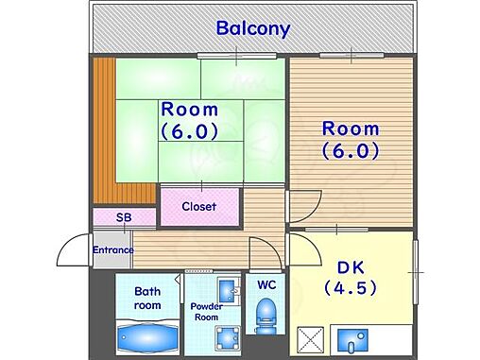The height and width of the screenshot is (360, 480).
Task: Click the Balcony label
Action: [x=253, y=28]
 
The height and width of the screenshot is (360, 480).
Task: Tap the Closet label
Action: [x=199, y=207]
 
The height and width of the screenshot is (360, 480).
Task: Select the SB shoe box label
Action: [x=124, y=217]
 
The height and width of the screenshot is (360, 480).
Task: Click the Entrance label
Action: [x=113, y=250]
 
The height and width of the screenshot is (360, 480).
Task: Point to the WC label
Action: [x=266, y=285]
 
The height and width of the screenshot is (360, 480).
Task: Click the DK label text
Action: [x=351, y=267]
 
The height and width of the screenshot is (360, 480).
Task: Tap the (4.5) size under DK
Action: [x=351, y=287]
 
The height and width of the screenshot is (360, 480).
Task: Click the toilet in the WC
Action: [x=265, y=316]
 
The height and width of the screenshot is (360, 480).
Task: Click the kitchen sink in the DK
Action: [x=352, y=341]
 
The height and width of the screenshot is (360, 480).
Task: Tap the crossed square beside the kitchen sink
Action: [x=311, y=340]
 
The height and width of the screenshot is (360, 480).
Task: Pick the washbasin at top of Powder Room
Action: [x=229, y=290]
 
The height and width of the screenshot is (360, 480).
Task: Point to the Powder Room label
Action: [x=206, y=312]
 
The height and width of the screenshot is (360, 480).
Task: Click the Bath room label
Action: [x=147, y=299]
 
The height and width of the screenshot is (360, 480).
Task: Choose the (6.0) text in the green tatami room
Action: [x=189, y=131]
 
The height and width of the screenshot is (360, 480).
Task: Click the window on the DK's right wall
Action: [x=416, y=272]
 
